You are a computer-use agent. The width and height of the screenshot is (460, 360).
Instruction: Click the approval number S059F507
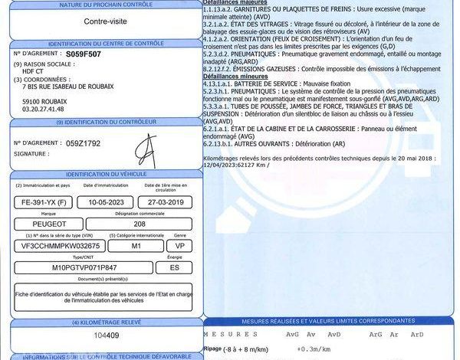tap(83, 54)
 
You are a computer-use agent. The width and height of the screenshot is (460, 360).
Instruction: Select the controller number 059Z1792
tap(84, 143)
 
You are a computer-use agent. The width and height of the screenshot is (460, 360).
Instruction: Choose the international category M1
tap(135, 245)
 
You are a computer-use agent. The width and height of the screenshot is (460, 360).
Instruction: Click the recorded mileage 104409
tap(106, 335)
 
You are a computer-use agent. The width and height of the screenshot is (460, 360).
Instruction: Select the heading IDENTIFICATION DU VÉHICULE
tap(106, 175)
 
